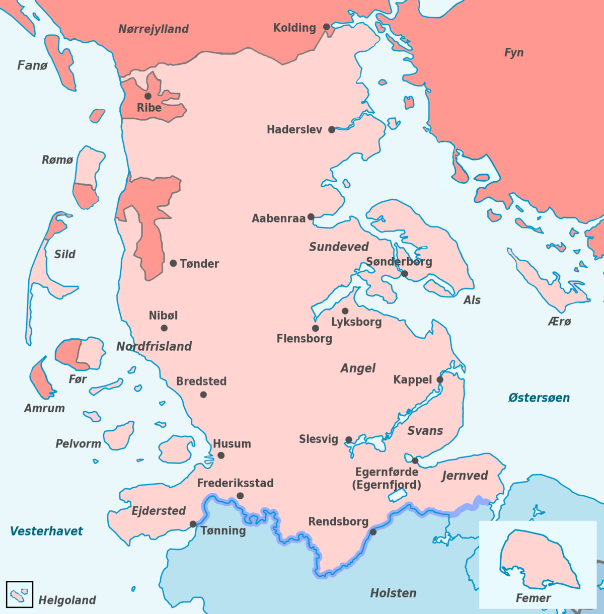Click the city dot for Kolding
(x=327, y=27)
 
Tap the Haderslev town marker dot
(x=332, y=129)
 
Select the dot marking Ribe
(x=148, y=96)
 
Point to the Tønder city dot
(x=173, y=263)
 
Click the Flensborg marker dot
(x=315, y=328)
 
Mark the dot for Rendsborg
(x=373, y=532)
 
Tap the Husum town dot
(x=221, y=455)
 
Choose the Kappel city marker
(x=440, y=379)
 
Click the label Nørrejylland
(x=154, y=29)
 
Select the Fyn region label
(x=514, y=53)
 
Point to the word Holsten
(x=393, y=593)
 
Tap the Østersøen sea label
(x=539, y=398)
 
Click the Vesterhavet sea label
(x=46, y=531)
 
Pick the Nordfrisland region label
(x=154, y=346)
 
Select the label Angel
(x=358, y=368)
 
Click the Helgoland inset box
(x=20, y=595)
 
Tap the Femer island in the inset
(x=536, y=559)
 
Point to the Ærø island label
(x=560, y=322)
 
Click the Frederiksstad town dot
(x=240, y=496)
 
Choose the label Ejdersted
(x=159, y=511)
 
